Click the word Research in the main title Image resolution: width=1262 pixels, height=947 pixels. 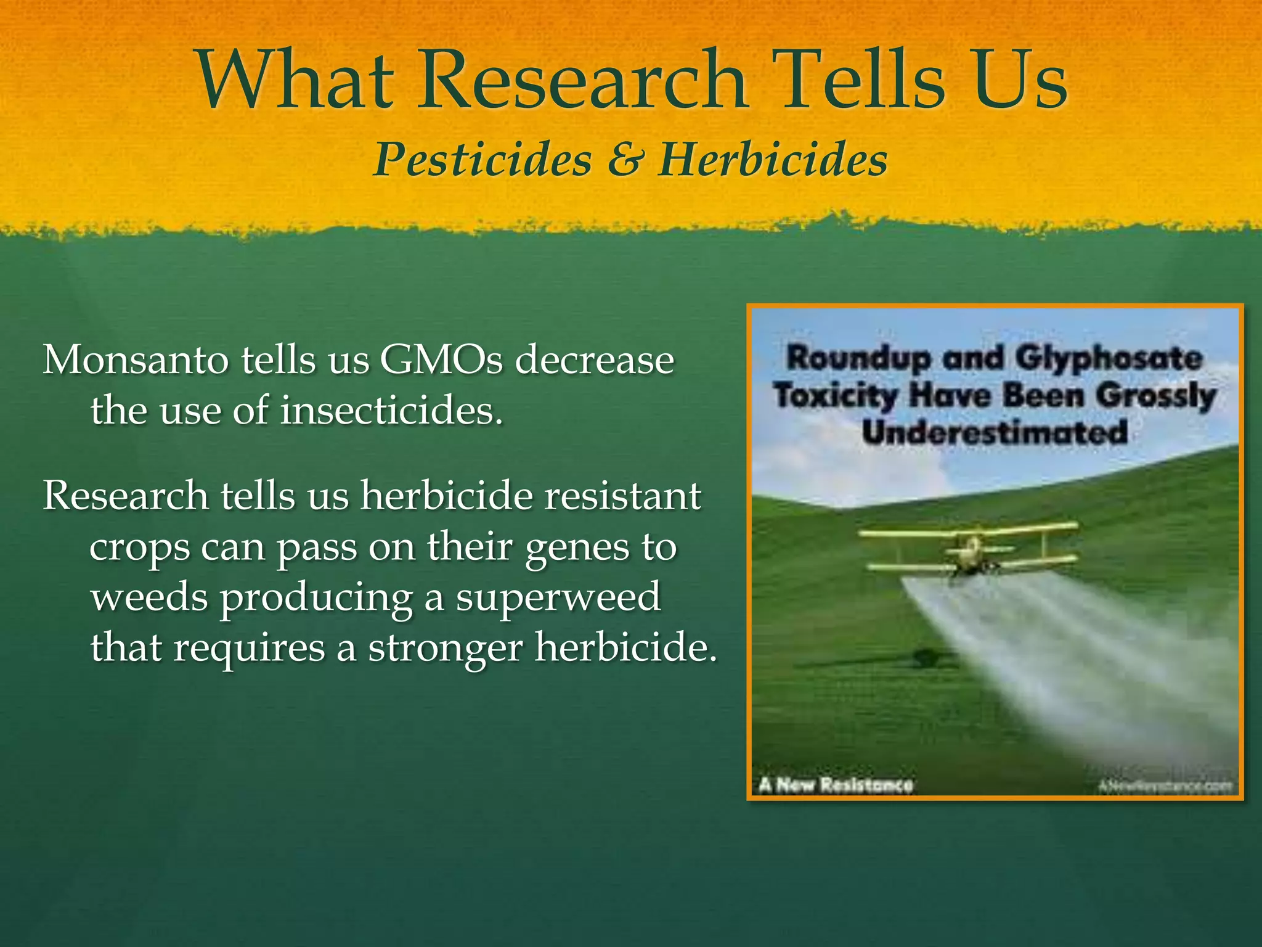[x=582, y=81]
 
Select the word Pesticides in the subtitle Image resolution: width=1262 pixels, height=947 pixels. [x=482, y=160]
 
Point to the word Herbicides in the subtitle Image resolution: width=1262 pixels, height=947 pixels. [x=773, y=160]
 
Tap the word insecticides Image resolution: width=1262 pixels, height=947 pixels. [x=391, y=410]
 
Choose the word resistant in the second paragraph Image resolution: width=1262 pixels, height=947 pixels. [x=622, y=496]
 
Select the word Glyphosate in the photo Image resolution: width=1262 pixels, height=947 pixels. [x=1108, y=359]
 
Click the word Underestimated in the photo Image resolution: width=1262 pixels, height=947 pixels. [x=995, y=432]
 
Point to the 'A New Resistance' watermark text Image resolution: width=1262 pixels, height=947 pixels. [x=836, y=785]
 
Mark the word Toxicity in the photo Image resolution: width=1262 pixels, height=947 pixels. [x=836, y=395]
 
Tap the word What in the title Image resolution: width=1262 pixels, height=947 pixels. [x=296, y=81]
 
